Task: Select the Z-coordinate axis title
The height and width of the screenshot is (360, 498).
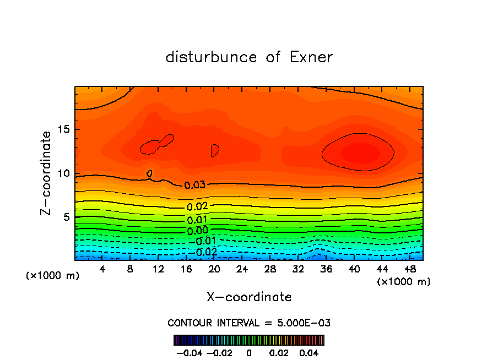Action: tap(47, 173)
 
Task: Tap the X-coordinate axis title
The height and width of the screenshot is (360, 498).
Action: tap(249, 297)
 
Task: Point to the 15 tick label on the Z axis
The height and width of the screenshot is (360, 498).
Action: tap(62, 129)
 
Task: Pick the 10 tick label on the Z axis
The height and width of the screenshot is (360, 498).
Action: tap(62, 173)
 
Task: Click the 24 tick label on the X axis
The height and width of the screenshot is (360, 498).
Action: tap(242, 269)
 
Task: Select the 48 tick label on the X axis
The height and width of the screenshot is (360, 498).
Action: tap(410, 269)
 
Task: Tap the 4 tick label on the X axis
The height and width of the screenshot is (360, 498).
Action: tap(102, 269)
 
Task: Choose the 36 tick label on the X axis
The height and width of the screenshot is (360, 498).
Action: tap(326, 269)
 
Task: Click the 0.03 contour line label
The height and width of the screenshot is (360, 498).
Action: tap(194, 185)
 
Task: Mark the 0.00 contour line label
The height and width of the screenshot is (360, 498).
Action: tap(197, 231)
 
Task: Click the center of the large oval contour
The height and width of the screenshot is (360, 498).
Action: tap(358, 152)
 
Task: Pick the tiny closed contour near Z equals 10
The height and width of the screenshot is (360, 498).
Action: tap(149, 173)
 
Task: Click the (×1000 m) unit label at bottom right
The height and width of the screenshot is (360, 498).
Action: tap(403, 282)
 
